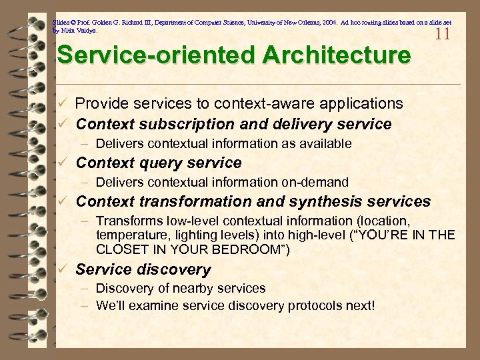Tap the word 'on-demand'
[x=318, y=183]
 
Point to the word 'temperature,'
[x=131, y=235]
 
